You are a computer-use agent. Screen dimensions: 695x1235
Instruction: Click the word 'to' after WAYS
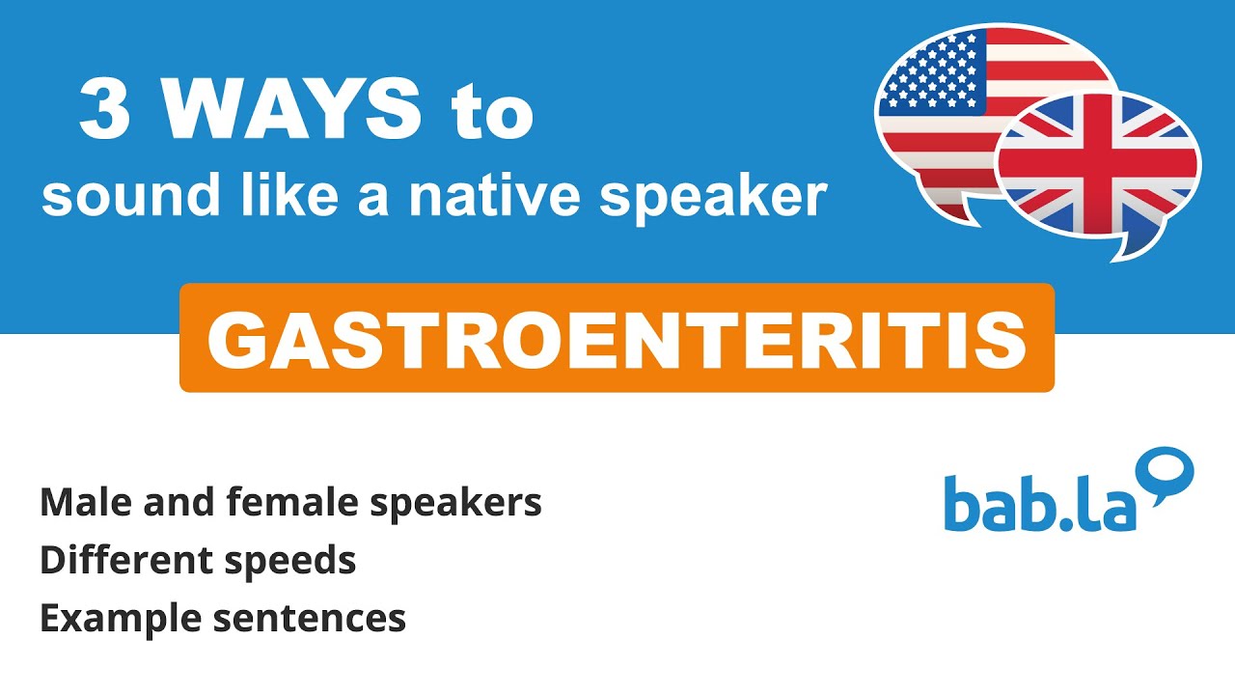pos(492,114)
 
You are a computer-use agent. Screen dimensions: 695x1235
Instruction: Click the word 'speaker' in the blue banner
pos(713,199)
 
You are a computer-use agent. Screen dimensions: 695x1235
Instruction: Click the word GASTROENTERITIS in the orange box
pos(617,339)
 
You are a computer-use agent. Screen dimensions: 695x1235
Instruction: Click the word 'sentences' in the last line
pos(309,619)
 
